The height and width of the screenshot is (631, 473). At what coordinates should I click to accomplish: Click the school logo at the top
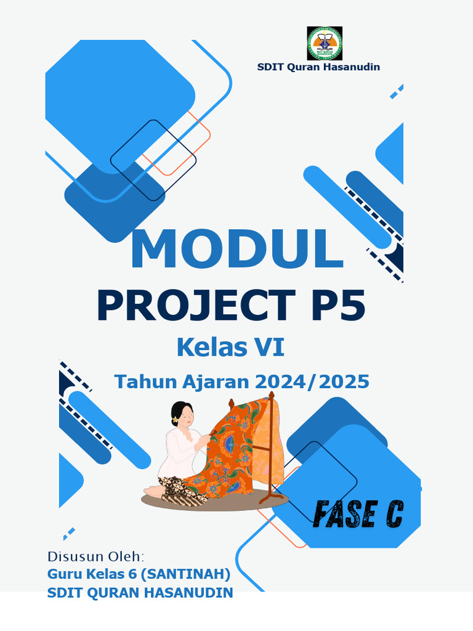[x=325, y=43]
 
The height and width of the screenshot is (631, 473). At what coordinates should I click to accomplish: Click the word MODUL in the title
[x=236, y=250]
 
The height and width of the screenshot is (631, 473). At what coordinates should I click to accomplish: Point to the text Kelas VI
[x=230, y=348]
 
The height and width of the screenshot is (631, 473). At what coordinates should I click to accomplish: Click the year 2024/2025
[x=312, y=381]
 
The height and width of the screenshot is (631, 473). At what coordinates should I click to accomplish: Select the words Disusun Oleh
[x=95, y=556]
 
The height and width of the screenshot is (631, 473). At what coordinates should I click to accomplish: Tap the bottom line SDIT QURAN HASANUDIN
[x=140, y=593]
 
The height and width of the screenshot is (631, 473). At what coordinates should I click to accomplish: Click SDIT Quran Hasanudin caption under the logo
[x=318, y=67]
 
